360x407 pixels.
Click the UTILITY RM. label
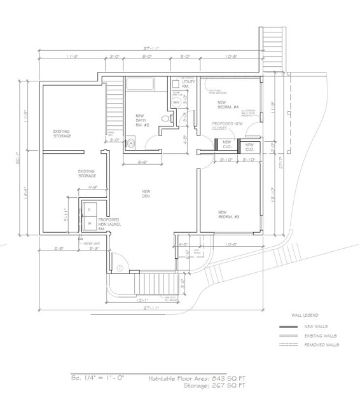(189, 85)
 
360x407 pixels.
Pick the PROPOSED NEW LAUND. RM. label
(109, 223)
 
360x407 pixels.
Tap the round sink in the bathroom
(130, 142)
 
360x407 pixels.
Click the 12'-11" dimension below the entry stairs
(142, 300)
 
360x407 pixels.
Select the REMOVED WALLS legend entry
(322, 345)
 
